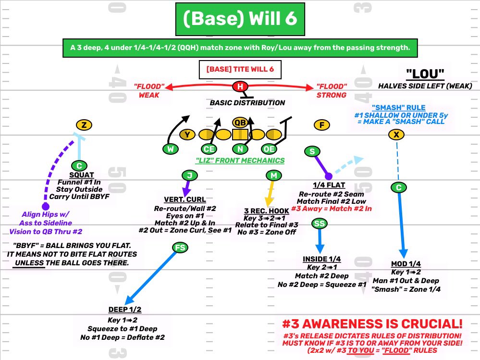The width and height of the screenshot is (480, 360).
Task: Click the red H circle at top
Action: pos(240,87)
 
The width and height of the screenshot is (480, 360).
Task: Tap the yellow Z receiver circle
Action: pos(84,125)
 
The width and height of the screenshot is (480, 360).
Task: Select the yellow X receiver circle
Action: pos(396,135)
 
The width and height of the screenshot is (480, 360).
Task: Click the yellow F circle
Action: pos(322,125)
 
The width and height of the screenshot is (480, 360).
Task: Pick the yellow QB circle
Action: pos(240,122)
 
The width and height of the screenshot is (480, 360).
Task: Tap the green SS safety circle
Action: pos(320,223)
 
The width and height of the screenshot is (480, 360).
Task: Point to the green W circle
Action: pos(170,149)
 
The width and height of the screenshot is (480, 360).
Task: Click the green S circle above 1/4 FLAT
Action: pos(312,151)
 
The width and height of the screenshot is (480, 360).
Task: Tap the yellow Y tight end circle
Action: pos(187,135)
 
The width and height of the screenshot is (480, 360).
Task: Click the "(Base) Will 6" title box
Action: pos(240,19)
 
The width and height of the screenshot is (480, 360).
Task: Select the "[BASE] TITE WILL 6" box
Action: pos(240,69)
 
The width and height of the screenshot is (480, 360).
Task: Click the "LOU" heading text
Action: pos(425,74)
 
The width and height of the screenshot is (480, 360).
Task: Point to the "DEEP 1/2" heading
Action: pos(125,309)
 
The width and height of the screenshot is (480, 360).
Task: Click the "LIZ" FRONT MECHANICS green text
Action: pos(240,161)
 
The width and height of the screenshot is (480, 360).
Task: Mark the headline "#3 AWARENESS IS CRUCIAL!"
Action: pos(372,323)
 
